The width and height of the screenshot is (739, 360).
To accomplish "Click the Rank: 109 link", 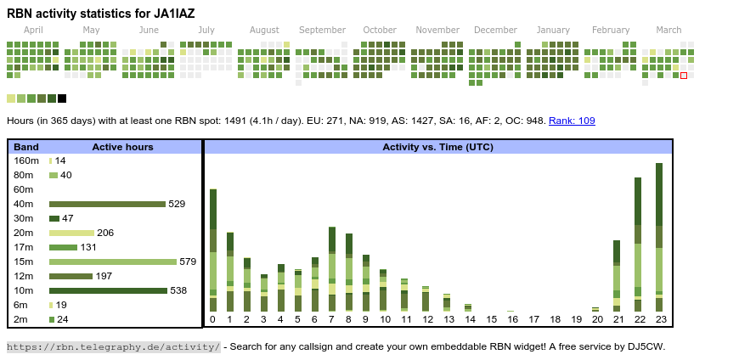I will coord(572,121).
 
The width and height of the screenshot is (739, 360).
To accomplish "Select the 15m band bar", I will coord(113,262).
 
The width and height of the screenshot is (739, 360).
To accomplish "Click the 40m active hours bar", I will coord(107,204).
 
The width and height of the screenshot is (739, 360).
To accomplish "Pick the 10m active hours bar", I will coord(108,290).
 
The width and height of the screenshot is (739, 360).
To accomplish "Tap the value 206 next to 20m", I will coord(105,233).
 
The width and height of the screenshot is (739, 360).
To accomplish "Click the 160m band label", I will coord(26,160).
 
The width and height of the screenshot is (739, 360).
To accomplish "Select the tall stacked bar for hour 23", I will coord(659,238).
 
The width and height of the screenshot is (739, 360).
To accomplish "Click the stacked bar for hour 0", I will coord(213,250).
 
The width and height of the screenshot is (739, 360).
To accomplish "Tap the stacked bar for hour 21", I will coord(618,276).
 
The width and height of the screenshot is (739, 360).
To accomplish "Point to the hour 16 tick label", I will coord(512,320).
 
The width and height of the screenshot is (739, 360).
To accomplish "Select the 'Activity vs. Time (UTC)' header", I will coord(437,147).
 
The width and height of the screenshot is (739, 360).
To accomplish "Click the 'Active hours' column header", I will coord(122,147).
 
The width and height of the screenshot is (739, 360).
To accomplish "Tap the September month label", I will coord(322,30).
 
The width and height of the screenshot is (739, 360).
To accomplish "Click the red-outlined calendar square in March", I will coord(684,76).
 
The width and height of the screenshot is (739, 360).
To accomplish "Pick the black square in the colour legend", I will coord(62,98).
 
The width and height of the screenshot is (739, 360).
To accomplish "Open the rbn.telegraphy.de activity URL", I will coord(113,346).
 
